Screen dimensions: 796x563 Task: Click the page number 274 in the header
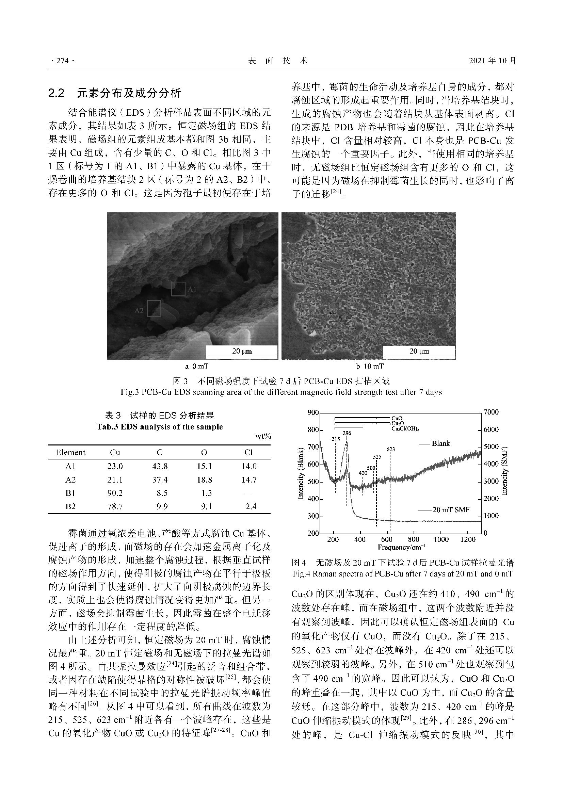click(x=62, y=61)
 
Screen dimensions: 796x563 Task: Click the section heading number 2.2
click(x=57, y=93)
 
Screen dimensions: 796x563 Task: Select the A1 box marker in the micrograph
click(x=178, y=289)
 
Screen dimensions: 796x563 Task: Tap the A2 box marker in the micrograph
click(x=154, y=309)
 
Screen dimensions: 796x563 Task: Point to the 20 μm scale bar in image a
click(x=242, y=351)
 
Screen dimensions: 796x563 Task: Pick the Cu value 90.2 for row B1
click(x=115, y=493)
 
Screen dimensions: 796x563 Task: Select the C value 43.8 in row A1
click(x=160, y=466)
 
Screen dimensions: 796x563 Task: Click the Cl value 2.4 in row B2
click(x=251, y=506)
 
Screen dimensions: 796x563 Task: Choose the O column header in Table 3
click(x=204, y=452)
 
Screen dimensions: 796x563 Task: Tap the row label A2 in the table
click(x=70, y=480)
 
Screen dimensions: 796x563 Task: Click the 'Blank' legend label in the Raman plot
click(x=440, y=443)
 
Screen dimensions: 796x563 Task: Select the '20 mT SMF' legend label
click(x=451, y=510)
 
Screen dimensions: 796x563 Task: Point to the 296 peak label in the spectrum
click(x=347, y=433)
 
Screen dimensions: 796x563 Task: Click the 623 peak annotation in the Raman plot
click(x=391, y=449)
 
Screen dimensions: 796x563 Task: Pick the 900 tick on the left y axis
click(x=313, y=412)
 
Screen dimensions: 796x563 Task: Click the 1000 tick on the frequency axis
click(x=441, y=539)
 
